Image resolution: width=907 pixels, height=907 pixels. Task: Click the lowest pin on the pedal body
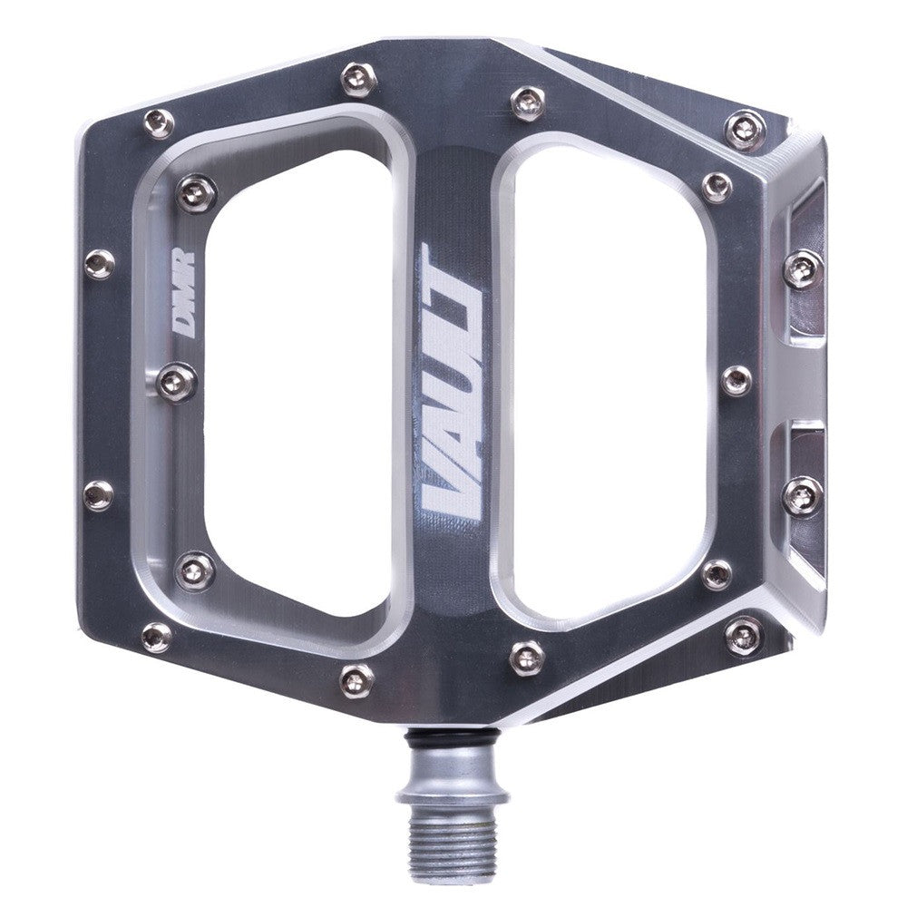click(357, 674)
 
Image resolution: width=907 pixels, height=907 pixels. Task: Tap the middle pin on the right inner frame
click(737, 378)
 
